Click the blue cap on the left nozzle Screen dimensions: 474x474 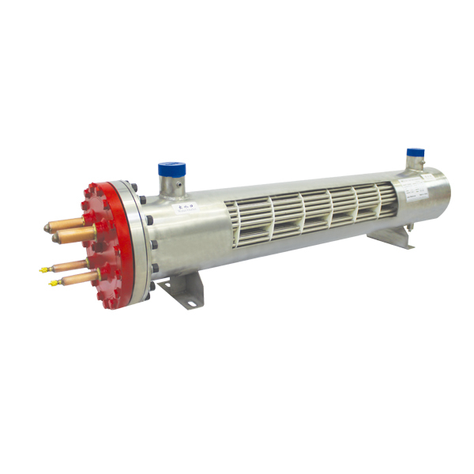[x=171, y=169]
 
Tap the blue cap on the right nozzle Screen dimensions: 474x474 [x=416, y=153]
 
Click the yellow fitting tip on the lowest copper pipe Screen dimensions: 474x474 [x=55, y=283]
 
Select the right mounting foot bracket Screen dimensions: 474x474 [x=391, y=236]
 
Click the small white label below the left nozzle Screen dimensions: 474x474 [x=187, y=208]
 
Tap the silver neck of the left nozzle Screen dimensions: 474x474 [x=171, y=189]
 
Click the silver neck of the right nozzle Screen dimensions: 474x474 [x=416, y=164]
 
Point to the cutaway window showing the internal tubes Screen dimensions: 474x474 [x=308, y=211]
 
